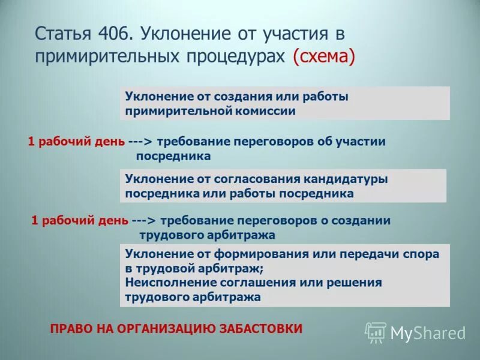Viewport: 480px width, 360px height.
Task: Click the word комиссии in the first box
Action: click(265, 110)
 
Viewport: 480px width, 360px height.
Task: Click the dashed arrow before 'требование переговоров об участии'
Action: click(141, 142)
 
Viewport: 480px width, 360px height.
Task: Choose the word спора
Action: click(422, 254)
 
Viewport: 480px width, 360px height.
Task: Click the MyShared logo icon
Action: click(376, 332)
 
